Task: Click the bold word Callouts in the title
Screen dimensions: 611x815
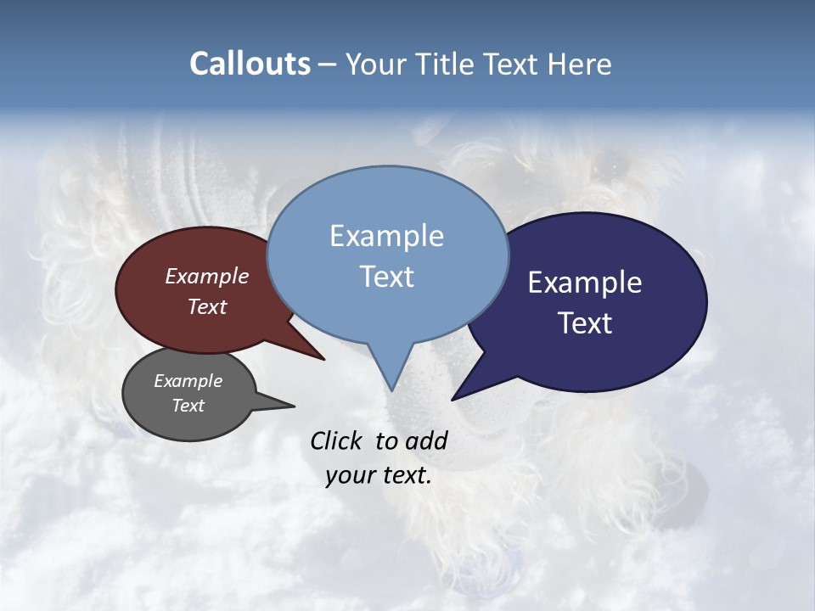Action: click(250, 64)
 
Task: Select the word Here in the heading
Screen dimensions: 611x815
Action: click(580, 64)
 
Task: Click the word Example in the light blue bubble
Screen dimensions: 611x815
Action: click(386, 236)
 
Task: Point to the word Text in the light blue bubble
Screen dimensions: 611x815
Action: click(386, 277)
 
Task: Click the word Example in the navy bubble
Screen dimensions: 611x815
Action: click(585, 283)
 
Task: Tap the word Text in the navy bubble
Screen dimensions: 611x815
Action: click(585, 323)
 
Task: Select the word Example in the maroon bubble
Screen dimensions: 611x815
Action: click(206, 277)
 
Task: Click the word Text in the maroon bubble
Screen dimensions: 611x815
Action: click(206, 306)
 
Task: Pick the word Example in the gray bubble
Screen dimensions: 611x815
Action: click(188, 381)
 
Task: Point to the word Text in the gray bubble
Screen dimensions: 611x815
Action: click(188, 406)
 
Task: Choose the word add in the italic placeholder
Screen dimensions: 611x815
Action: click(426, 440)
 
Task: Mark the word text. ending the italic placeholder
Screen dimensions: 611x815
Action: click(407, 475)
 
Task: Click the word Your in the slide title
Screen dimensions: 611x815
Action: click(378, 64)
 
